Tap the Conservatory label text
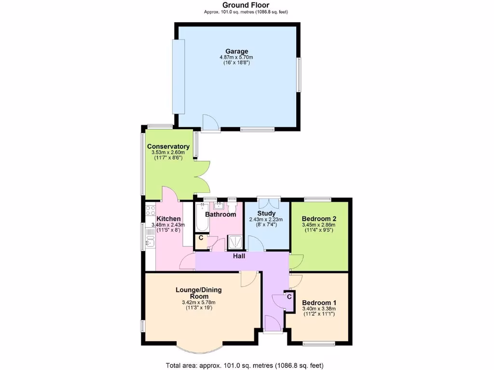coord(168,146)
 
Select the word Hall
coord(239,256)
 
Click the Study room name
coord(266,213)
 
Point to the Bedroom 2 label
coord(319,218)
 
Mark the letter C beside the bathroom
coord(201,238)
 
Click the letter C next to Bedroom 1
coord(289,296)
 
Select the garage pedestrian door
coord(211,123)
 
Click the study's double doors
coord(269,201)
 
